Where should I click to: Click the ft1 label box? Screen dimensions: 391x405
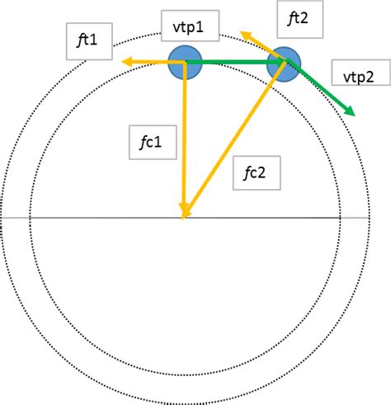89,41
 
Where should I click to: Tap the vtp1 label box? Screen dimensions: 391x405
190,26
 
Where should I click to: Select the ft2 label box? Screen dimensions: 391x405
300,19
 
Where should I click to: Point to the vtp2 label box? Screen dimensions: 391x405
361,73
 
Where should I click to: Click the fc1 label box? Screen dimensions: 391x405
153,143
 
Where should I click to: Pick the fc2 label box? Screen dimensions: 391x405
257,173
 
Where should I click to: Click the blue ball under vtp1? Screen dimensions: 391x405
185,63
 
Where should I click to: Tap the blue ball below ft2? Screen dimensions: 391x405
284,64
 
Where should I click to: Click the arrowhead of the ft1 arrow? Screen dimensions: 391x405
126,62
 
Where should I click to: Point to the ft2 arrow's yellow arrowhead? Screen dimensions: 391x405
246,35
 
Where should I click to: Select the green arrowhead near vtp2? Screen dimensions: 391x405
350,111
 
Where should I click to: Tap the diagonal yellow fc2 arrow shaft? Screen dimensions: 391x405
234,138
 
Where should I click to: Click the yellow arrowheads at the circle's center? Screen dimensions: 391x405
184,211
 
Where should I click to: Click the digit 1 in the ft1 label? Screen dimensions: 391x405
93,40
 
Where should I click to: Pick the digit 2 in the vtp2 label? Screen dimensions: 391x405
369,78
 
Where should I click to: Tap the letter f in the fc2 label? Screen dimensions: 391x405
247,173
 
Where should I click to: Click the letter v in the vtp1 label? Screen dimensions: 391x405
177,28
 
